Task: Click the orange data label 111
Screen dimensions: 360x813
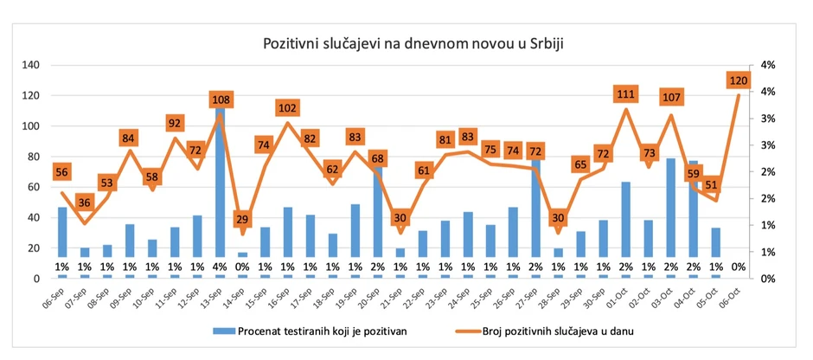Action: pos(626,94)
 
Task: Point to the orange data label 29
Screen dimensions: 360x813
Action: pos(242,220)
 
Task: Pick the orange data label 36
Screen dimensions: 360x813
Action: pos(84,203)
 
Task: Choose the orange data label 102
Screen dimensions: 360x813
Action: pos(287,109)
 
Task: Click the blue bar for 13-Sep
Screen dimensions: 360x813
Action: pos(220,190)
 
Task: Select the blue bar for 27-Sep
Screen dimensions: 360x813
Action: pos(535,216)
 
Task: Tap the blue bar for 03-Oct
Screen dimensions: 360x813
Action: pos(670,216)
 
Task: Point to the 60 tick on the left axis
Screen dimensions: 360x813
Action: pos(34,187)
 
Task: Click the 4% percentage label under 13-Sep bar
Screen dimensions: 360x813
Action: pos(220,267)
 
